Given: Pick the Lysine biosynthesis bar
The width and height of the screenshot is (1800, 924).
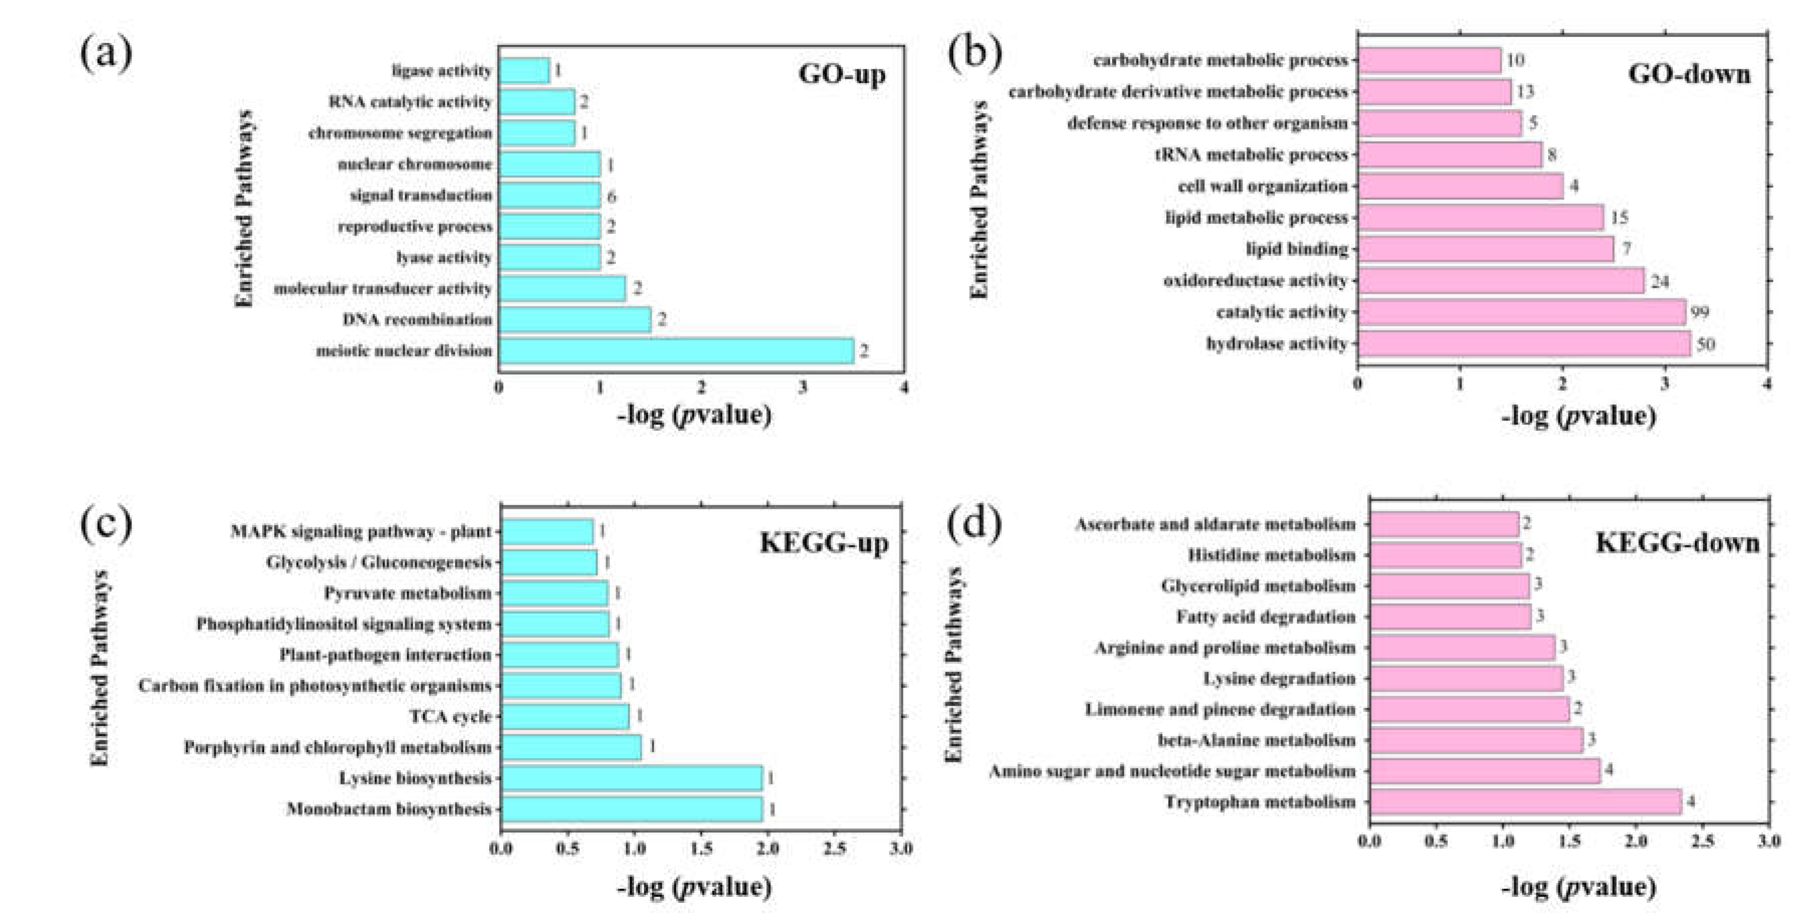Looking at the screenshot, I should (x=632, y=778).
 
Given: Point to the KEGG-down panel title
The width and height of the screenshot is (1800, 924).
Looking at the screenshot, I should (x=1677, y=543).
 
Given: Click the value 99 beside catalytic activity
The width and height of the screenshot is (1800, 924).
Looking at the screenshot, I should (x=1700, y=312).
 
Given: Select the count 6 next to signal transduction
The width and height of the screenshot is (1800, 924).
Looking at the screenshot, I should (x=611, y=196).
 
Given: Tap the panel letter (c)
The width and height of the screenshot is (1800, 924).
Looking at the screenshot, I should (x=106, y=524).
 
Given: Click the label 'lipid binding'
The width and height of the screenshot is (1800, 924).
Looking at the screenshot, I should (x=1297, y=249).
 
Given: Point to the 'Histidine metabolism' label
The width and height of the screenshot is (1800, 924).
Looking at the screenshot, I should (x=1271, y=555).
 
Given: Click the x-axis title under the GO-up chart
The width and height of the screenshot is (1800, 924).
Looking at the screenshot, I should (x=694, y=415).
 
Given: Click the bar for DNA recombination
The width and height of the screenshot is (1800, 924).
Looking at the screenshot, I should (x=575, y=320).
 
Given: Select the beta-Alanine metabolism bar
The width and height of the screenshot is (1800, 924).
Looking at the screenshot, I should (x=1475, y=740).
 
